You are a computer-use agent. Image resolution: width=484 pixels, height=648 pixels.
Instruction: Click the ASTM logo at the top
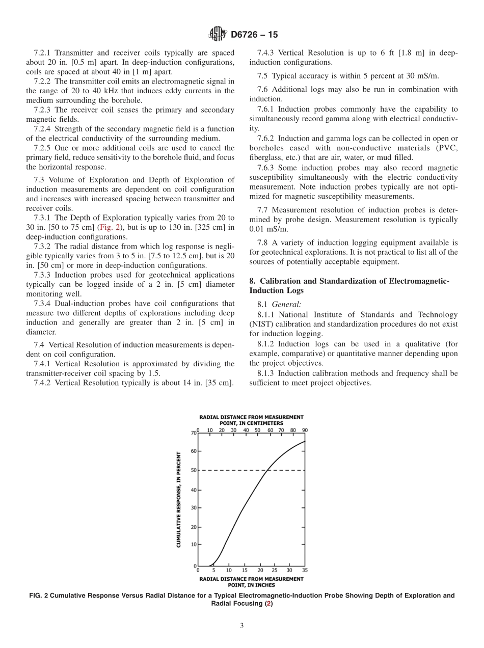tap(218, 35)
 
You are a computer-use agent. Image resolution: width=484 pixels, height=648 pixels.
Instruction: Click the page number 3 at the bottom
tap(242, 626)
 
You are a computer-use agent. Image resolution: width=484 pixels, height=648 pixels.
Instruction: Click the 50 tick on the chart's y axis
tap(193, 470)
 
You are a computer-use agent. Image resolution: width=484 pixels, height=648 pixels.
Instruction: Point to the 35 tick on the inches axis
tap(305, 571)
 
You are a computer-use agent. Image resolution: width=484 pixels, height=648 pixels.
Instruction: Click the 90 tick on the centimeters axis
tap(305, 430)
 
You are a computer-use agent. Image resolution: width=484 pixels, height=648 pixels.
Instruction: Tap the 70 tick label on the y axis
tap(193, 434)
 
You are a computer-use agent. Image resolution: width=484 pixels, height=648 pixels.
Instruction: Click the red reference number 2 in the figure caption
tap(270, 604)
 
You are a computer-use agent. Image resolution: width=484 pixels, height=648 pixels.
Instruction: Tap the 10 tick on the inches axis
tap(229, 571)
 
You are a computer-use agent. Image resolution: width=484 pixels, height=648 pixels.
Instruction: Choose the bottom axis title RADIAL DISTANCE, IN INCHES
tap(251, 582)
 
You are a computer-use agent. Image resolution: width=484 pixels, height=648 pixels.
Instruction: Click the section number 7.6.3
tap(268, 168)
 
